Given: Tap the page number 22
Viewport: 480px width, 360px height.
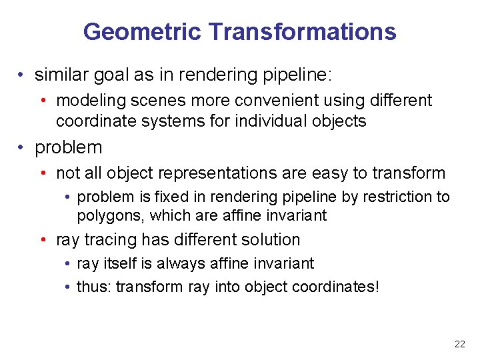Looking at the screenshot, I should [459, 345].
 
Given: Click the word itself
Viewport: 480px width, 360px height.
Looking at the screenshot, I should [117, 263].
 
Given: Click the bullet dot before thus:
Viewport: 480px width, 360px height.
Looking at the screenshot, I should [69, 287].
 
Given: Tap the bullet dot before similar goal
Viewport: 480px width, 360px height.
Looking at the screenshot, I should [23, 75].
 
